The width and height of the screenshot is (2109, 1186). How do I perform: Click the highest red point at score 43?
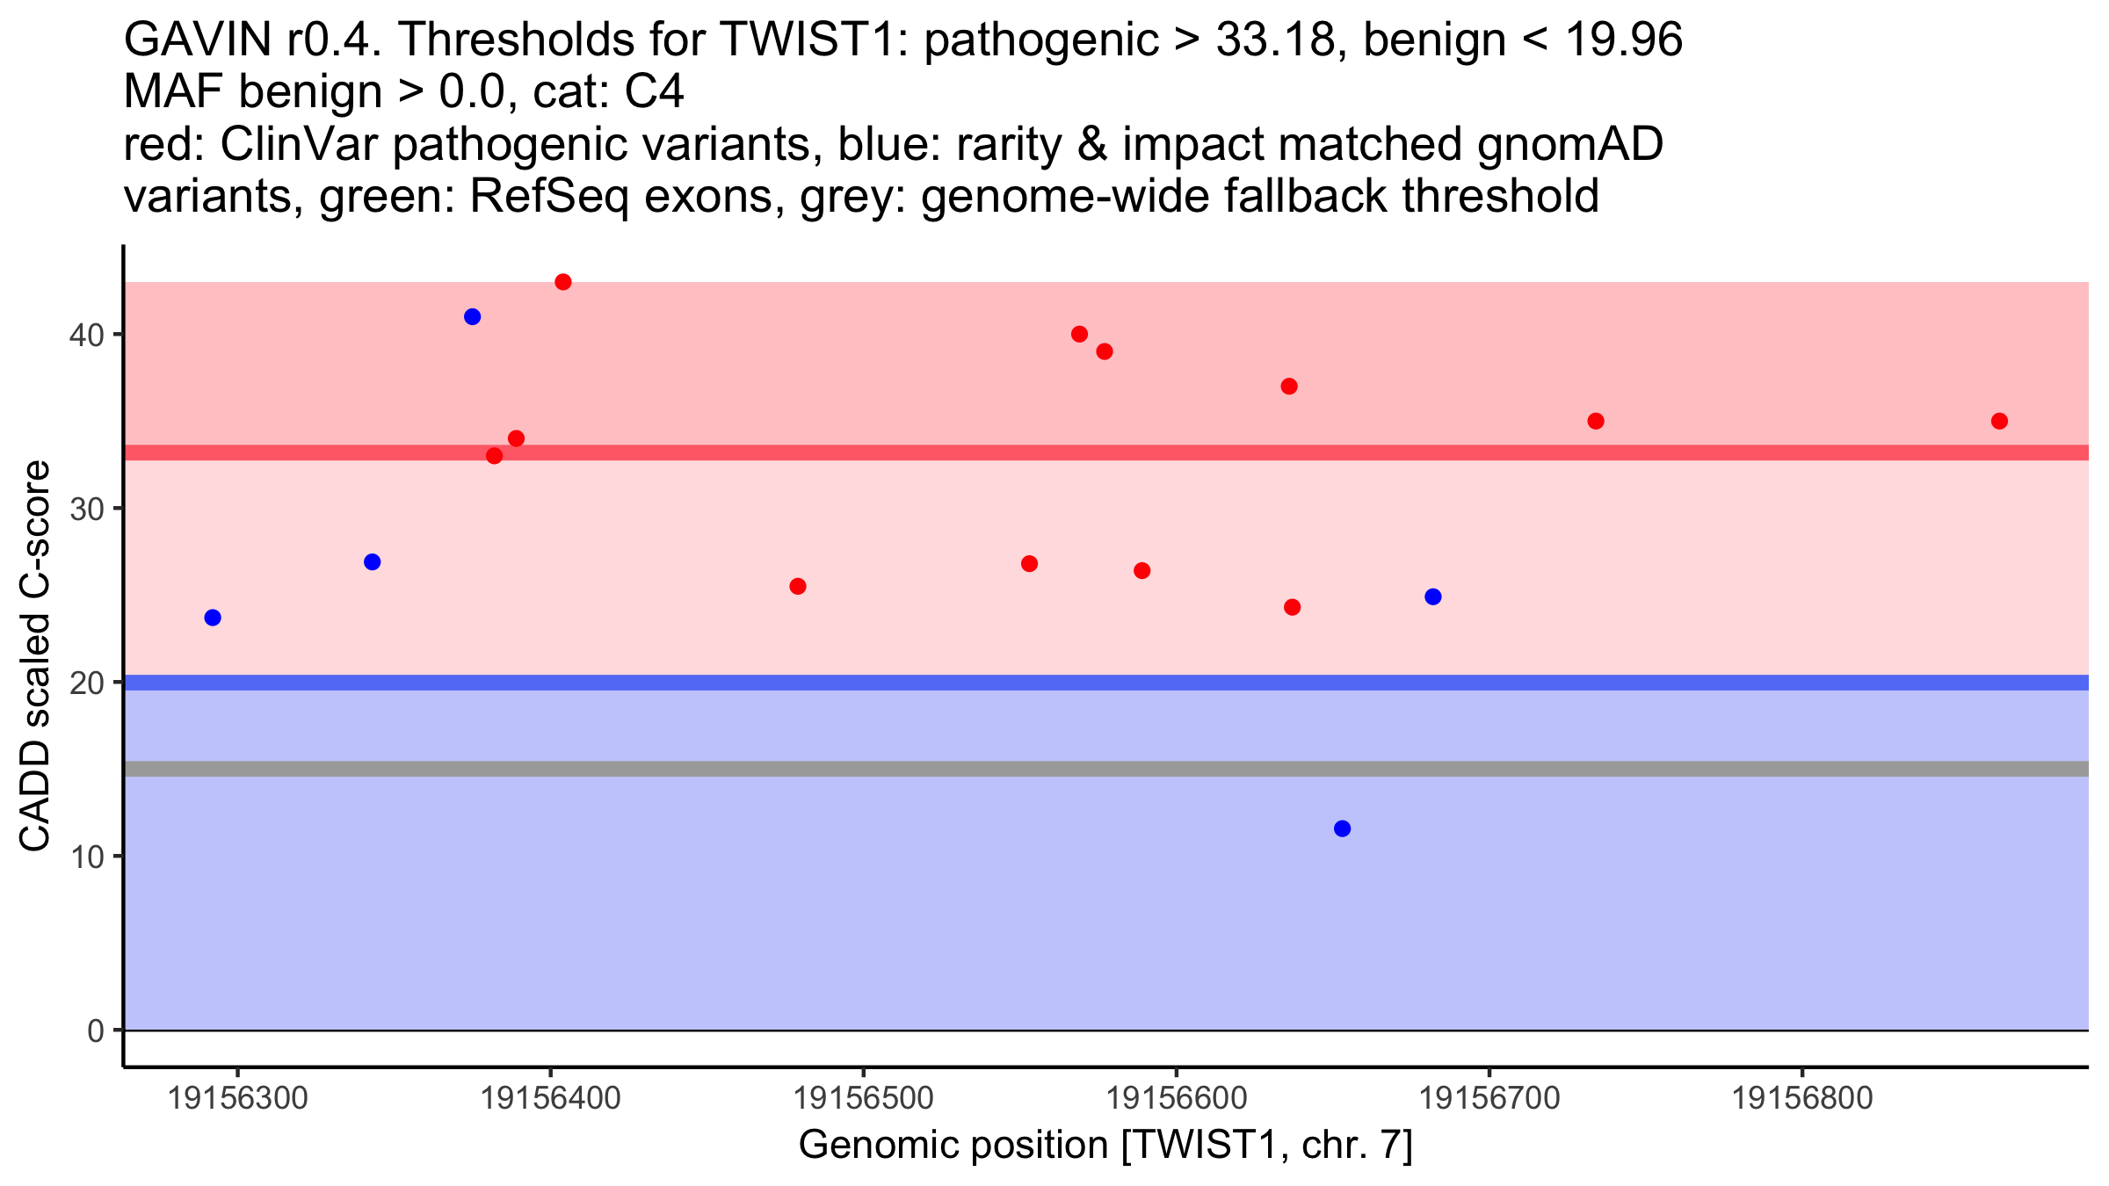[x=563, y=282]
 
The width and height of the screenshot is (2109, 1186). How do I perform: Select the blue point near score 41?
[x=472, y=317]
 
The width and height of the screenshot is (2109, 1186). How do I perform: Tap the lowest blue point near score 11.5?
[x=1342, y=828]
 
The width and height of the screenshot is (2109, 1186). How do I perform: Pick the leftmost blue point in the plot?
[x=213, y=618]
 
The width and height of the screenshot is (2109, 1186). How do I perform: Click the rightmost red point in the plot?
[x=1999, y=421]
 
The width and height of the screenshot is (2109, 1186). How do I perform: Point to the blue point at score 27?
[x=372, y=562]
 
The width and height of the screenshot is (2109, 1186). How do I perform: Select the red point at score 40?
[x=1080, y=334]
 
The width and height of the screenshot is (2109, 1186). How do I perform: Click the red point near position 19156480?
[x=798, y=586]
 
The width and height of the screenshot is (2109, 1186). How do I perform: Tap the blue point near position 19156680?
[x=1433, y=597]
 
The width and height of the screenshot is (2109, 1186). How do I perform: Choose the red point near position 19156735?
[x=1596, y=421]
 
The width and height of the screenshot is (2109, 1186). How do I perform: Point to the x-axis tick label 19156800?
[x=1802, y=1098]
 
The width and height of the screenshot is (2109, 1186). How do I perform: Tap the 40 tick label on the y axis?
[x=86, y=335]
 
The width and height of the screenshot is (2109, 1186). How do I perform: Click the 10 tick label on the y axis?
[x=86, y=857]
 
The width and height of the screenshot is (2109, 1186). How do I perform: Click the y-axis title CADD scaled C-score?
[x=35, y=656]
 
